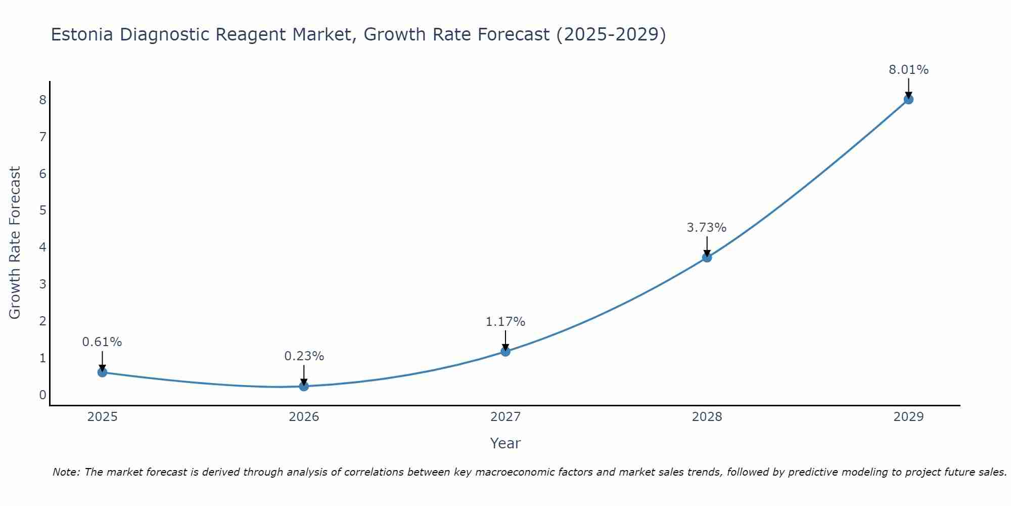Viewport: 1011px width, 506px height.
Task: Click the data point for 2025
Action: point(102,372)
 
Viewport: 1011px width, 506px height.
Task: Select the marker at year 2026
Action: point(304,386)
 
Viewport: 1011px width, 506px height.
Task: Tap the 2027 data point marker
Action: point(505,351)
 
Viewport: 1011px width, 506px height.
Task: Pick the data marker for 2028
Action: point(707,257)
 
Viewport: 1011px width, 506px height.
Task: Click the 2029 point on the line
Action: point(908,99)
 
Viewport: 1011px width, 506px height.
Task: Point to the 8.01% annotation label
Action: point(908,70)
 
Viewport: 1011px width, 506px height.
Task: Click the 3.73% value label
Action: point(706,228)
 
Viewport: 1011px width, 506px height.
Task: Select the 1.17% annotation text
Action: point(505,322)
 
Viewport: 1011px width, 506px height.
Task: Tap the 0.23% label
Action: point(304,356)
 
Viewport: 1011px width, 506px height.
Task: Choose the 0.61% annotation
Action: point(102,342)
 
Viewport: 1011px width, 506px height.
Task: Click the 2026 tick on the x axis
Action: point(304,417)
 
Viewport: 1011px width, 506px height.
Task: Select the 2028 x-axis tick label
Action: point(707,417)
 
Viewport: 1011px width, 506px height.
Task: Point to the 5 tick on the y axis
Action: point(42,210)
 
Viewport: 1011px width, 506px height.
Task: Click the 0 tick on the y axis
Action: point(42,395)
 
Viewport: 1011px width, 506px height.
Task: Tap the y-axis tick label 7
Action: point(42,137)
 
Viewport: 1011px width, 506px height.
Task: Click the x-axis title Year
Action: point(505,443)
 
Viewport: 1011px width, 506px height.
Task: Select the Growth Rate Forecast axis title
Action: point(15,243)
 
